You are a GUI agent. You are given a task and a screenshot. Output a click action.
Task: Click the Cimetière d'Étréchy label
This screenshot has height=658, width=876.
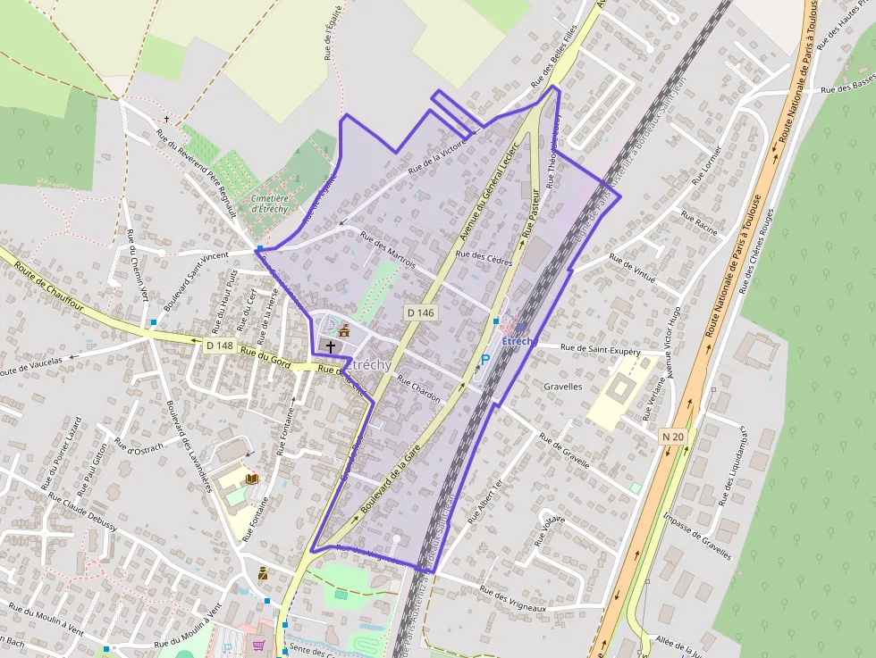click(x=269, y=204)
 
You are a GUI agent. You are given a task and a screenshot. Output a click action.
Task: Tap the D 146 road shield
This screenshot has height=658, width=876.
click(x=420, y=312)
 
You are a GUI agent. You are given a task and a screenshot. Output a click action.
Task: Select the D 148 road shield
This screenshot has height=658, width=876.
click(x=219, y=346)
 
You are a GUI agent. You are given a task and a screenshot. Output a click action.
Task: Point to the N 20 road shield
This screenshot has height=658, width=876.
click(x=673, y=436)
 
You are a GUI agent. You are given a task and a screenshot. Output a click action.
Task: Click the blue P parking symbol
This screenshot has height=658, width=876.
click(x=485, y=361)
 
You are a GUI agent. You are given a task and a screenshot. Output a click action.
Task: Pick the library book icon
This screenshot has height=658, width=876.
click(x=253, y=479)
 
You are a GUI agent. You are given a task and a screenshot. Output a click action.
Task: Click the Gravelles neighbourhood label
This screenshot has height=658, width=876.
click(x=563, y=387)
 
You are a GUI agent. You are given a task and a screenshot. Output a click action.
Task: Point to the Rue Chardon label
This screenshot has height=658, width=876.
click(x=418, y=390)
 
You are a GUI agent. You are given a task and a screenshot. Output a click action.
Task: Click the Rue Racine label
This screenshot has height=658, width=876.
click(x=699, y=222)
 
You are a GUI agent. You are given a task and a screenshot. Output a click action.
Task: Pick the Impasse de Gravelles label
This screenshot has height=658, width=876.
click(x=697, y=537)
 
